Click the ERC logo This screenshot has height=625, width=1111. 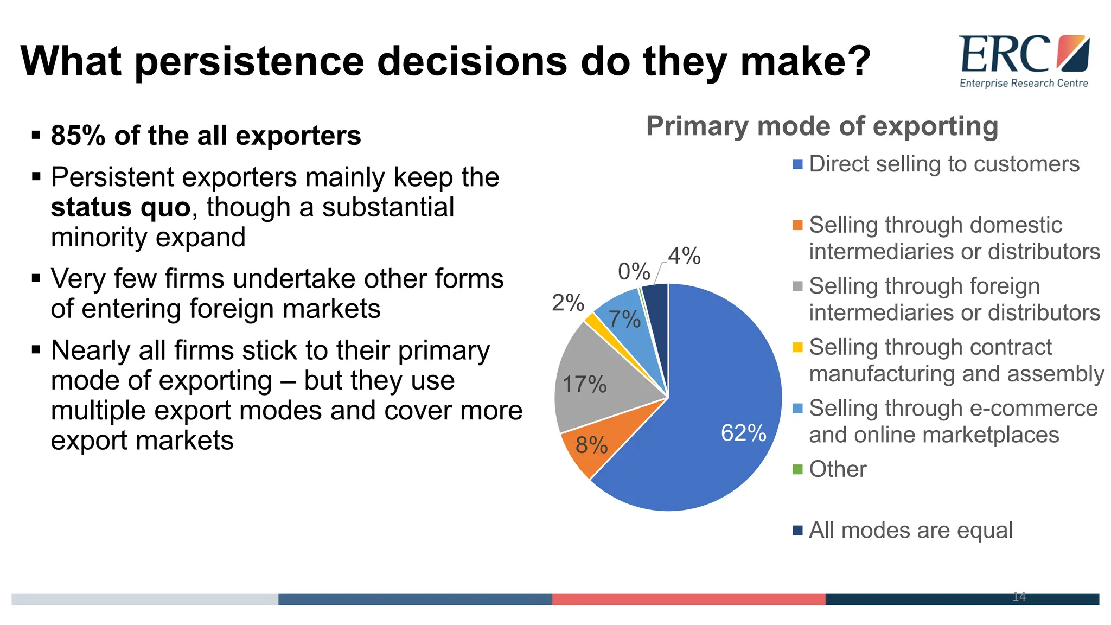(x=1024, y=60)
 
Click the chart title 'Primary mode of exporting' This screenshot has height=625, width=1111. (x=822, y=126)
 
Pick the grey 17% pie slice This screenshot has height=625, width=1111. (x=591, y=380)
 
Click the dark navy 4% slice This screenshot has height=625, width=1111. (x=657, y=304)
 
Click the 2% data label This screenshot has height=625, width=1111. (x=567, y=303)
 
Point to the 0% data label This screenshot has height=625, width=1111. (x=634, y=271)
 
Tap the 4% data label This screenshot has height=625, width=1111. (x=684, y=256)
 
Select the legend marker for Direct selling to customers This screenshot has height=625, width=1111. (x=797, y=164)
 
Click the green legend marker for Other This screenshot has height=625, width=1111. (x=797, y=469)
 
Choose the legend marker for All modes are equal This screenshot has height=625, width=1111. (x=797, y=530)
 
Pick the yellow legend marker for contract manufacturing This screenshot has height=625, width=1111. (x=797, y=347)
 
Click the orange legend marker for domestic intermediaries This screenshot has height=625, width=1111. (x=797, y=225)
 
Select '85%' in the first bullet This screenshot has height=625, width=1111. (x=78, y=136)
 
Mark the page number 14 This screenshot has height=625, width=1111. (x=1019, y=597)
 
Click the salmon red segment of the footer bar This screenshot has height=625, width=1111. (x=688, y=599)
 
